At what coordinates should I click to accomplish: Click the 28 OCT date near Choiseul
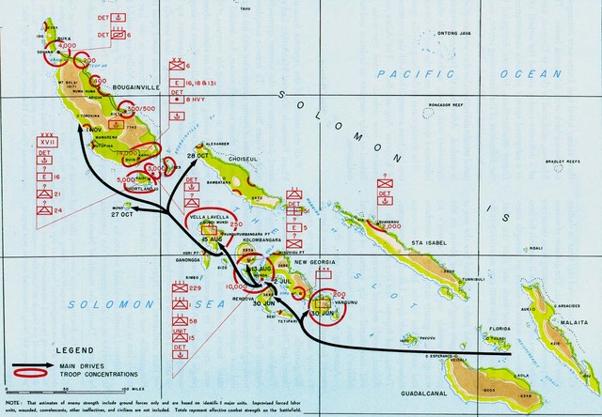198,155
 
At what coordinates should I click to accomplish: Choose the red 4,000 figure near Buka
66,45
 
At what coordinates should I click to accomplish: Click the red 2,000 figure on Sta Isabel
392,226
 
